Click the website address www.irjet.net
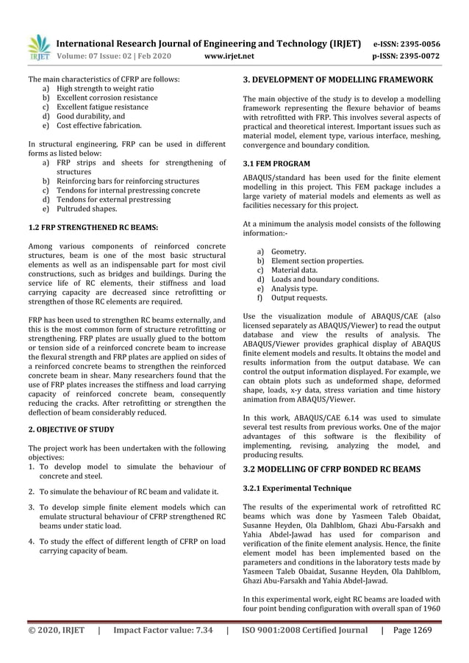click(231, 55)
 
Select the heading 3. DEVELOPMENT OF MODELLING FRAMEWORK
click(337, 79)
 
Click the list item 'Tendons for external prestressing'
click(113, 199)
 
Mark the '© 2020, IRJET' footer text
click(57, 630)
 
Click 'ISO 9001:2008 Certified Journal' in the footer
click(305, 630)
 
